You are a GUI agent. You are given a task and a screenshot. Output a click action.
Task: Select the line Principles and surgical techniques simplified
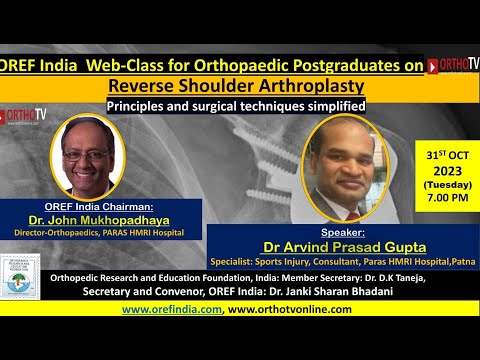[x=235, y=104]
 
